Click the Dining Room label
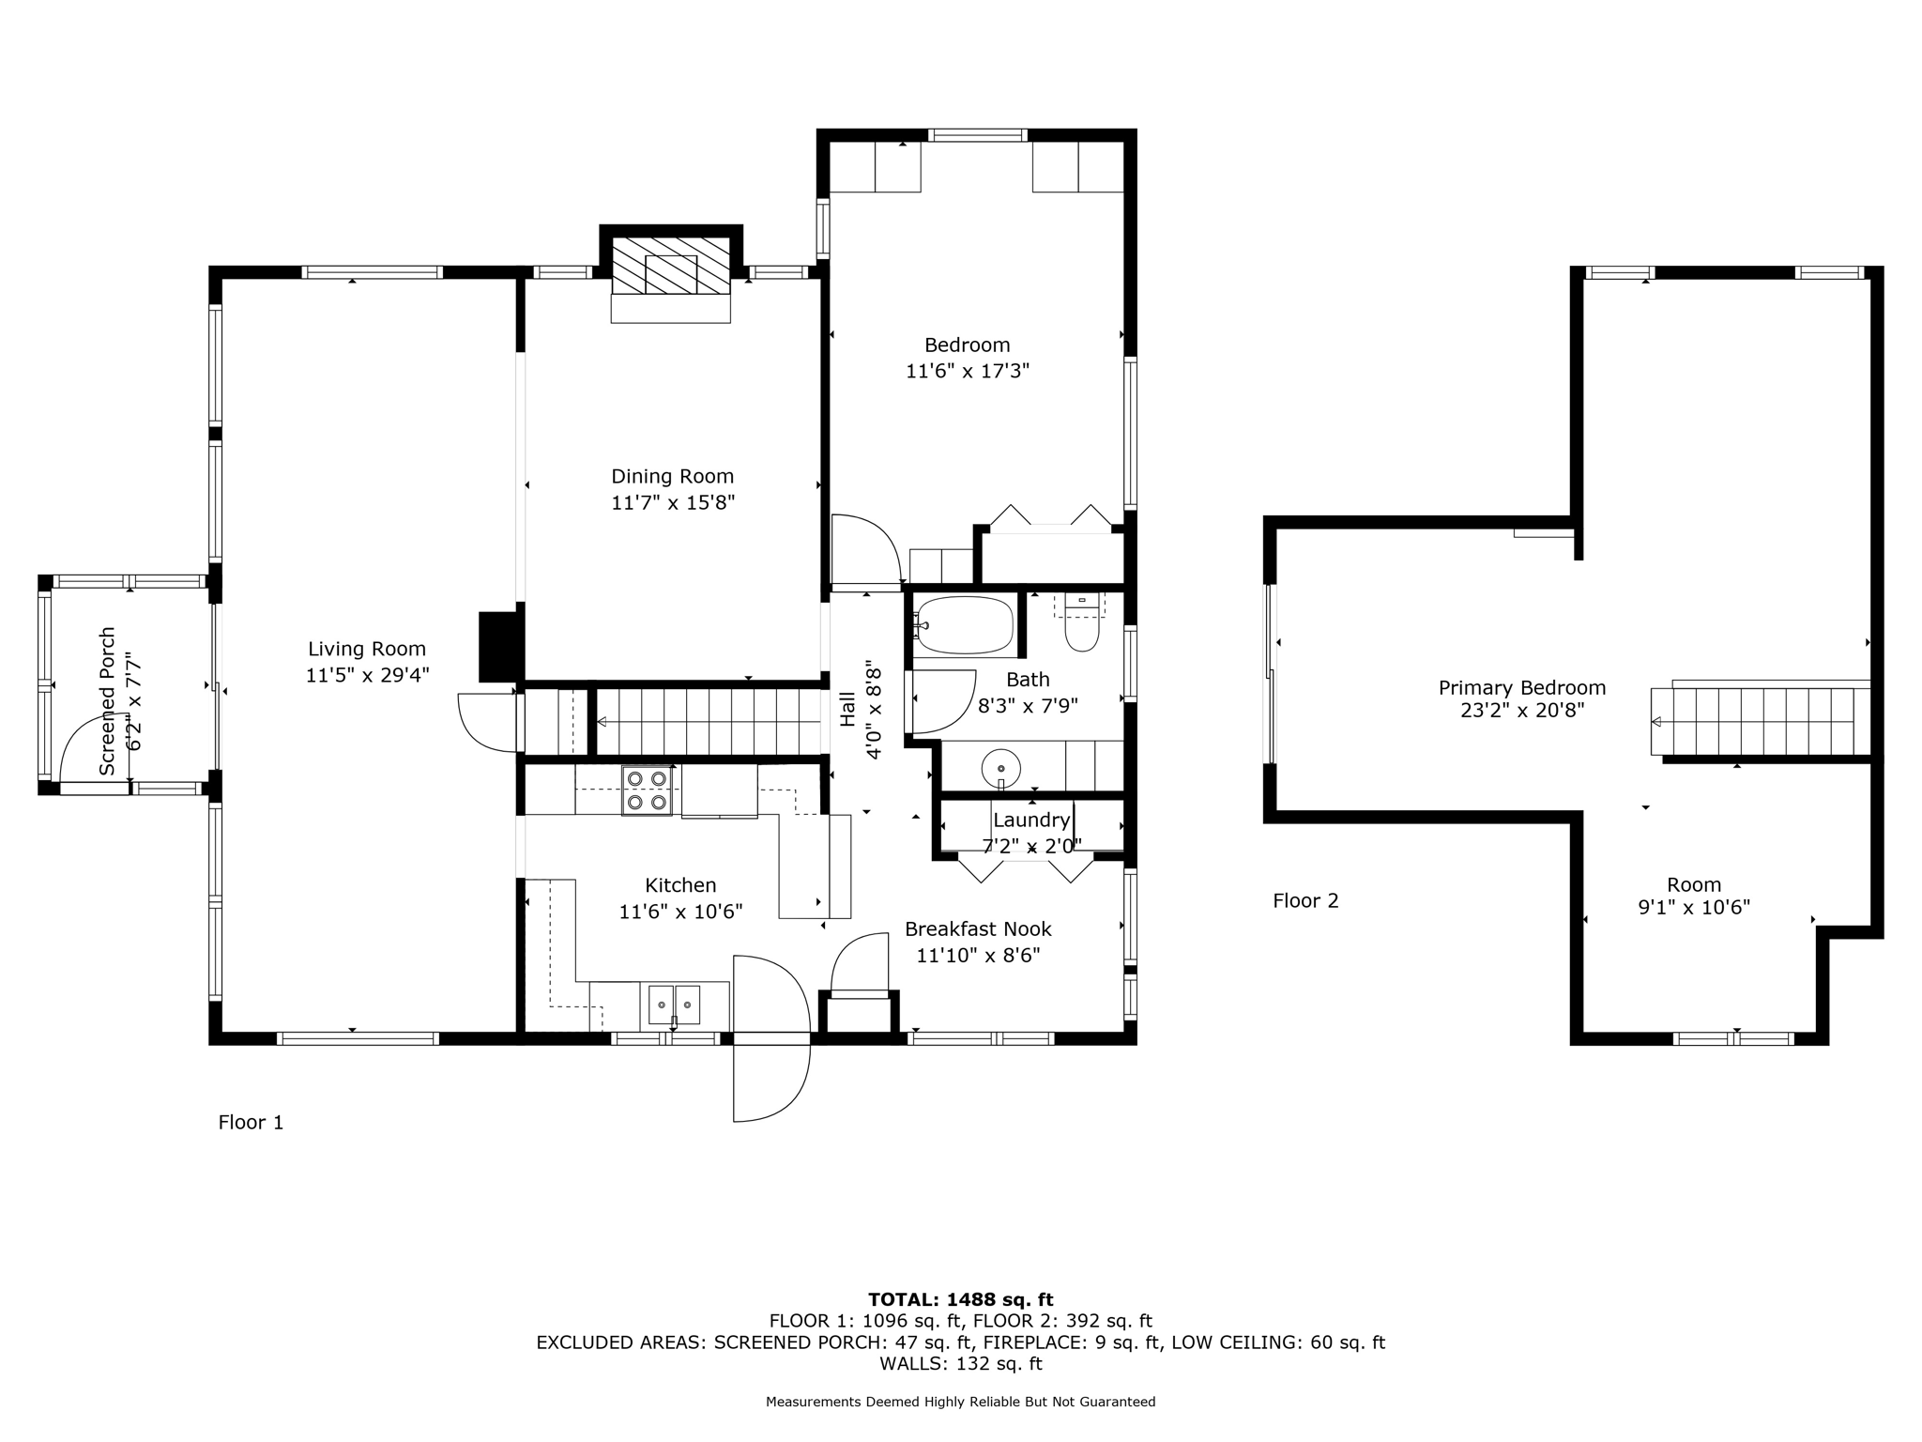point(672,477)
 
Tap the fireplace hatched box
point(670,266)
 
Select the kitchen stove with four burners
point(647,790)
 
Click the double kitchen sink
point(674,1005)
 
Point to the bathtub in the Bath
point(964,625)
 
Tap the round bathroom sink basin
point(1000,768)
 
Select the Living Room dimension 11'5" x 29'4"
point(367,675)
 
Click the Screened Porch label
point(108,700)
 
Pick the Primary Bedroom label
point(1521,688)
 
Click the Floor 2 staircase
point(1760,721)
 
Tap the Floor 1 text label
point(251,1122)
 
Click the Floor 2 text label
point(1304,901)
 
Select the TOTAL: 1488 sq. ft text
point(960,1300)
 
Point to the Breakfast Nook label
point(977,929)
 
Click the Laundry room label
point(1030,821)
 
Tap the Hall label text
point(848,709)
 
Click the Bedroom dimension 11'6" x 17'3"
point(967,371)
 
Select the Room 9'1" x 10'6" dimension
point(1693,908)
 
